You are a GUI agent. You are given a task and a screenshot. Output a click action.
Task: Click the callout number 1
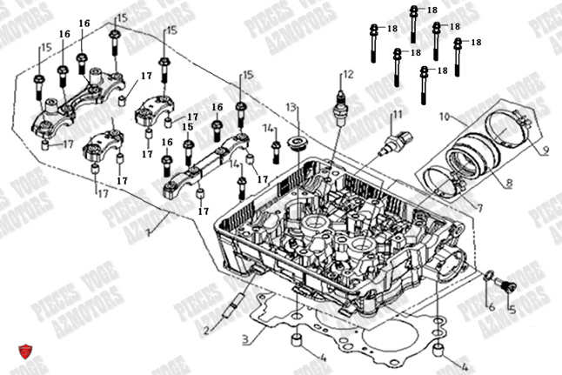point(150,232)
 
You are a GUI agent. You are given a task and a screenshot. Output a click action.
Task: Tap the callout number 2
point(206,330)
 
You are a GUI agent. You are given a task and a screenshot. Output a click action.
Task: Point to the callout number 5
point(512,308)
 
